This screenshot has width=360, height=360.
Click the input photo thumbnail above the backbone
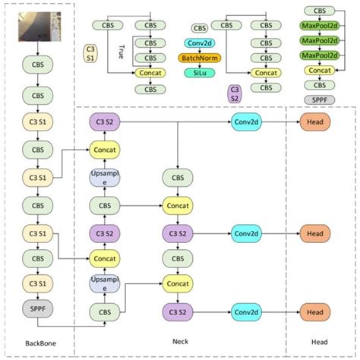[x=36, y=28]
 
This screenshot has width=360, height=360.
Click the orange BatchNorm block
[x=199, y=58]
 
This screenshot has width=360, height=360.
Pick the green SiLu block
[x=199, y=71]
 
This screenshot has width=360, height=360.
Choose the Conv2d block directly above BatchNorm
[x=199, y=43]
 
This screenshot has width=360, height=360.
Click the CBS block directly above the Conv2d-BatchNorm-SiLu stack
[x=200, y=28]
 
